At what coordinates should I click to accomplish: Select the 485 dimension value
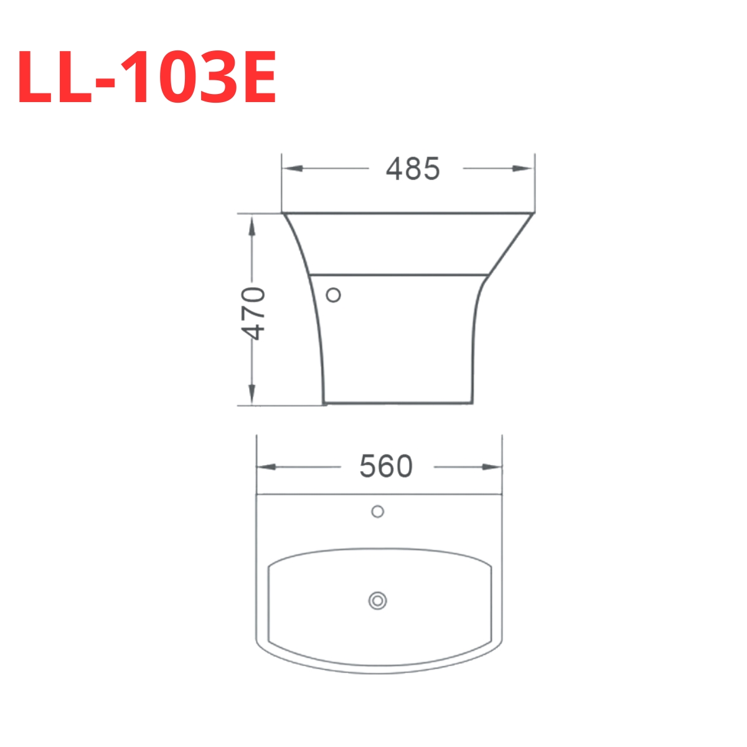tap(413, 169)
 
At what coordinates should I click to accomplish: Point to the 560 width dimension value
tap(386, 466)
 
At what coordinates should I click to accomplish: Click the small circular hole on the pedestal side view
tap(334, 295)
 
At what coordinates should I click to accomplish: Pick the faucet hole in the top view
tap(377, 512)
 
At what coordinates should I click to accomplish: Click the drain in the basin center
tap(377, 601)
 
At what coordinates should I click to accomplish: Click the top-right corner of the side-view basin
tap(532, 214)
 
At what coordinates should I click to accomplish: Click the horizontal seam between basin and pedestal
tap(398, 273)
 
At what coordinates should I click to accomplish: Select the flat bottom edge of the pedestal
tap(397, 403)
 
